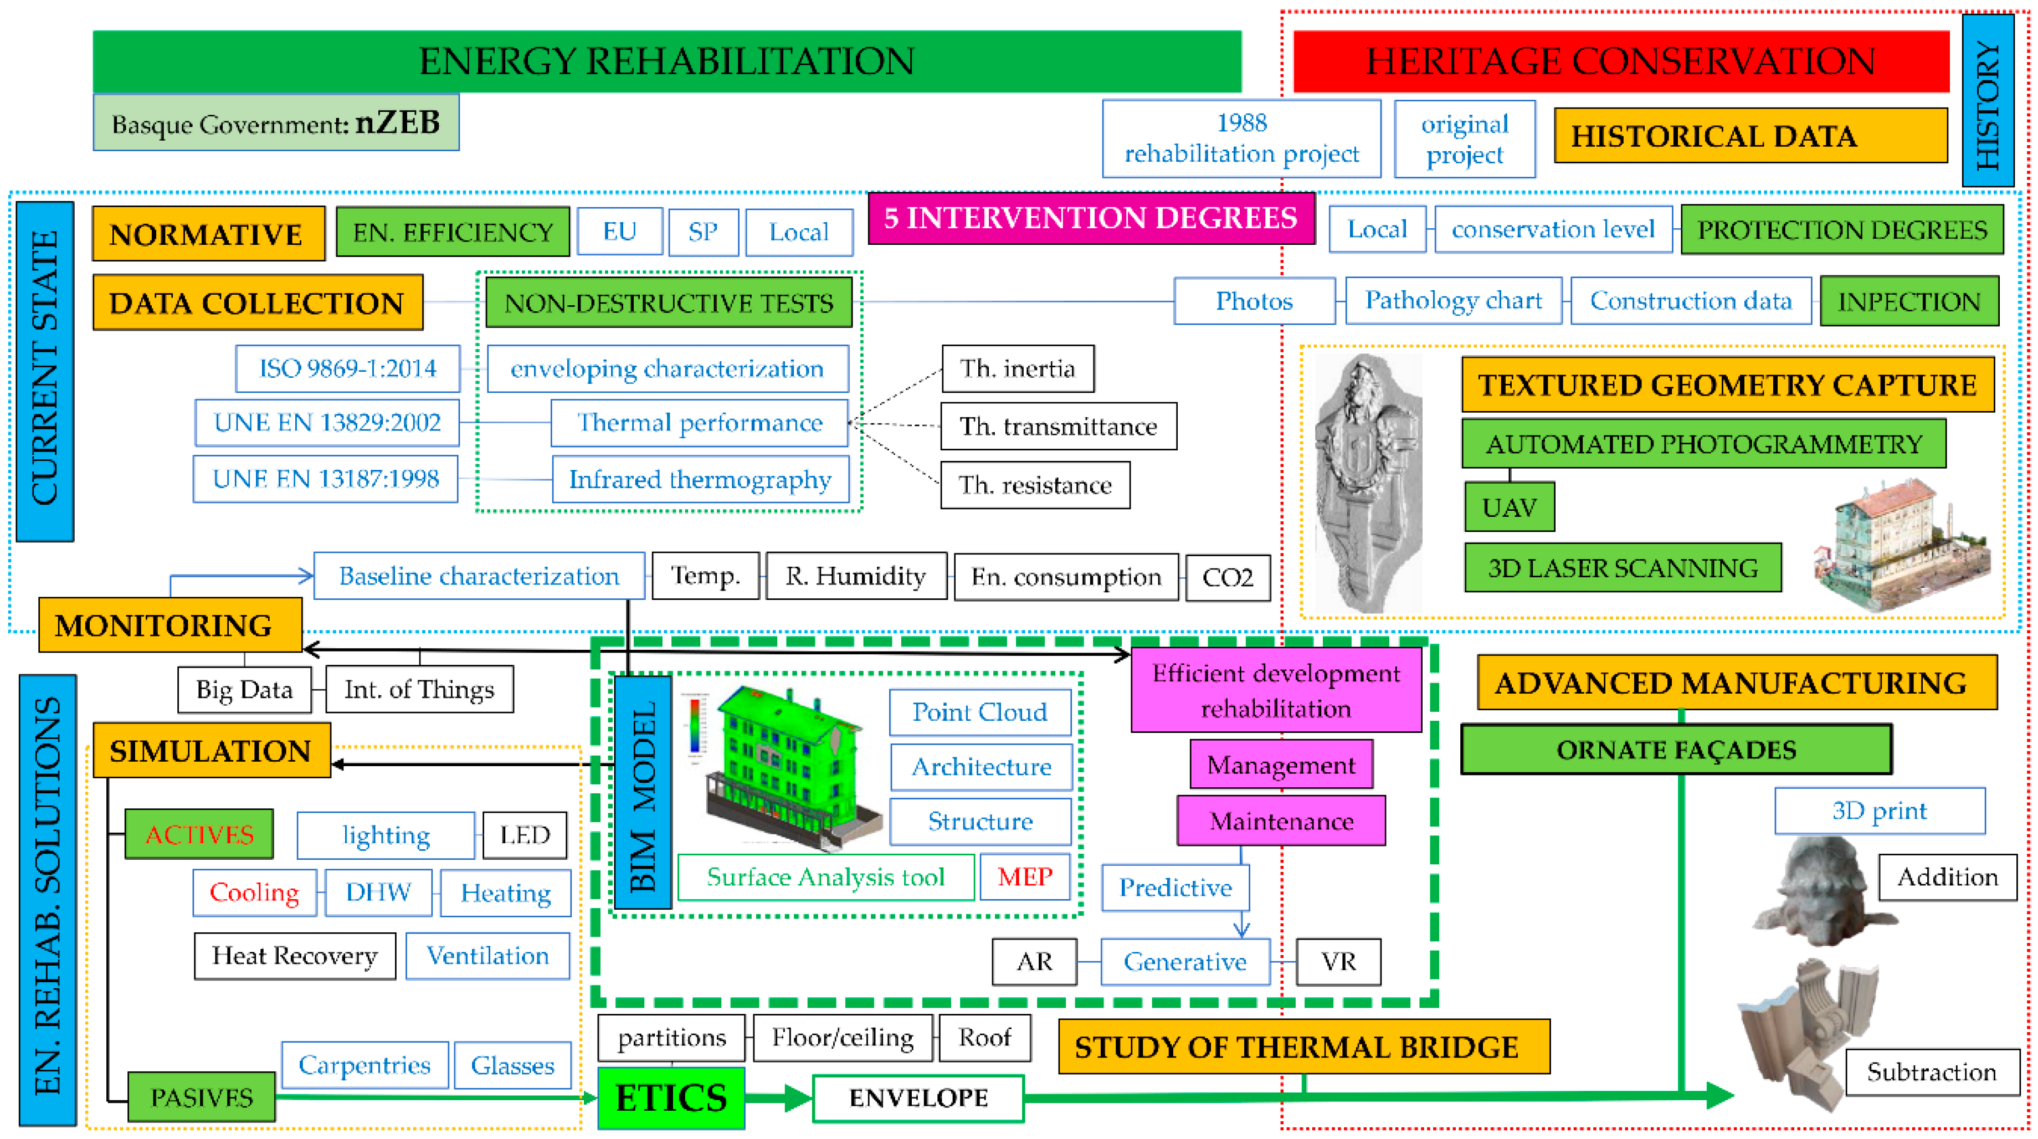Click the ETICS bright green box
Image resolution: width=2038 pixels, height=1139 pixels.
(671, 1097)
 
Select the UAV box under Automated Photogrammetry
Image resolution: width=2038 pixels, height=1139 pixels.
(1509, 507)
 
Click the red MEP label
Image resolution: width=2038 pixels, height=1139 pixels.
(1024, 876)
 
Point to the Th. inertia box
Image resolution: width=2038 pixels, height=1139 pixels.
(1018, 368)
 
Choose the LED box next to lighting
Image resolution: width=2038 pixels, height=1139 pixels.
(525, 834)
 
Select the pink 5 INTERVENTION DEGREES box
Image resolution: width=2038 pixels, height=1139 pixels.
(1090, 218)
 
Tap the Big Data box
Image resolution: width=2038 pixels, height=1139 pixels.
(244, 690)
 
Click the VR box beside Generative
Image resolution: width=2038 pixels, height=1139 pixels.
(1338, 962)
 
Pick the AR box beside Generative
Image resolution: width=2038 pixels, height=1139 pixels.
(1034, 962)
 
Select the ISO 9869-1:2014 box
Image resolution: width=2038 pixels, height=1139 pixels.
(348, 368)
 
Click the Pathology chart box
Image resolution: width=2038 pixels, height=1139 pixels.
(1454, 301)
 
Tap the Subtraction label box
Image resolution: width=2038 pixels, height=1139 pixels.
(1931, 1073)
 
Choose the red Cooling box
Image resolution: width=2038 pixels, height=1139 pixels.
(254, 893)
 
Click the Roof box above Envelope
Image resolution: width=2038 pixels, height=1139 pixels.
(984, 1038)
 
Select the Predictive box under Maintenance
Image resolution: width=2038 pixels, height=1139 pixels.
(1175, 887)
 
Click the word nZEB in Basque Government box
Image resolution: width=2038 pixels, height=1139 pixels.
(397, 122)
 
